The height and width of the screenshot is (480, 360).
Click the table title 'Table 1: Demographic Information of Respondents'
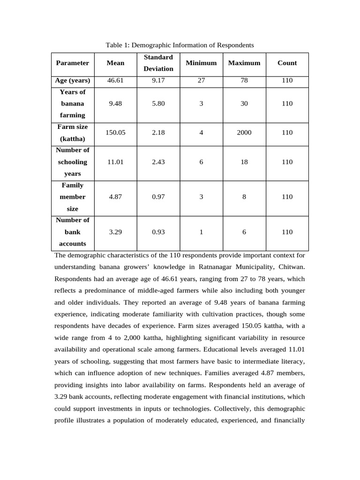[180, 45]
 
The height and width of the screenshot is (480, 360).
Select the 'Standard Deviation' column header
[158, 63]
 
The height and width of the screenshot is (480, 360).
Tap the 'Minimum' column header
[201, 63]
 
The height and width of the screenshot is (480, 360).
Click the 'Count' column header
[287, 63]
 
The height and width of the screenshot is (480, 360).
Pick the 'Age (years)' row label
[72, 80]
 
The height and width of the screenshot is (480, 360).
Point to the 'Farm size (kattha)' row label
[72, 133]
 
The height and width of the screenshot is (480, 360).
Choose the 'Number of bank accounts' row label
[72, 232]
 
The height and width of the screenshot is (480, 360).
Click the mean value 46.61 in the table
[115, 80]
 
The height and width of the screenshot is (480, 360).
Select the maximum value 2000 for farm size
[244, 133]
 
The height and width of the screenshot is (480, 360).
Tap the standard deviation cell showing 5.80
[158, 104]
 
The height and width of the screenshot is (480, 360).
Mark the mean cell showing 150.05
[115, 133]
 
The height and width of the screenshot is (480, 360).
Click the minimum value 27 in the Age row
[201, 80]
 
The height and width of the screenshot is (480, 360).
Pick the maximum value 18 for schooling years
[244, 162]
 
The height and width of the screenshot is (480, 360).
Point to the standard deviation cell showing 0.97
[158, 197]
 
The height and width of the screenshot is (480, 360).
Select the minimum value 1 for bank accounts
[201, 232]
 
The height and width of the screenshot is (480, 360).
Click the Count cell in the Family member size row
[287, 197]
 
